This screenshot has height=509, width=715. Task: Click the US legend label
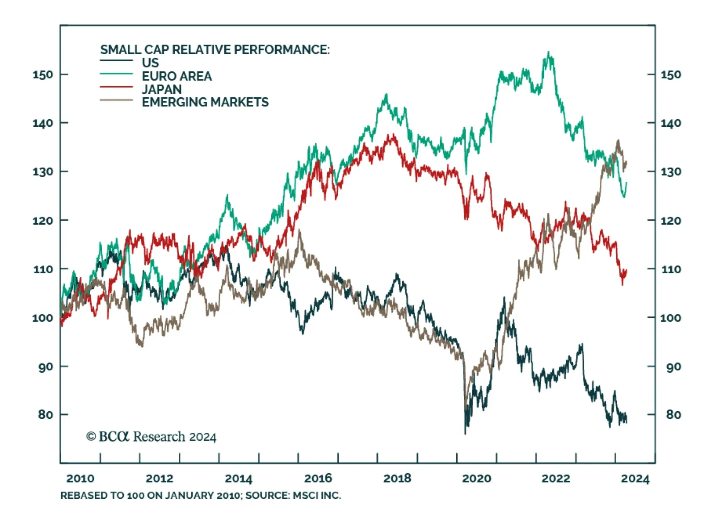150,63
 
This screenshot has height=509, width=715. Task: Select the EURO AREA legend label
177,76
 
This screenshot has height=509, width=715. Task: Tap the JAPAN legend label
162,89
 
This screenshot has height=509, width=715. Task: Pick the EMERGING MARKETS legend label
205,102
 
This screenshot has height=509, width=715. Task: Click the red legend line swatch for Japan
116,87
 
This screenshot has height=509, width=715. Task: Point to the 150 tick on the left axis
64,74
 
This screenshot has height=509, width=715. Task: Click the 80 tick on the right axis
652,415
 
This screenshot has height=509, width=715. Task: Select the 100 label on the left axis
42,318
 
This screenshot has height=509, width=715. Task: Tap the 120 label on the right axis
671,221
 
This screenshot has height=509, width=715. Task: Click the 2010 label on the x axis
80,479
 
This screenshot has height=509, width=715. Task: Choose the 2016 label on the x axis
318,479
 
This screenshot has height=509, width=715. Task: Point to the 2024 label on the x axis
635,479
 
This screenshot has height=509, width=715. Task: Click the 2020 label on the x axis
476,479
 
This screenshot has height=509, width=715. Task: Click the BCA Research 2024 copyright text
151,437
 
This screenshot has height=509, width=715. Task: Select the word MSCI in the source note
306,496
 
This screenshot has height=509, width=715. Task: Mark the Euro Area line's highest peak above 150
549,53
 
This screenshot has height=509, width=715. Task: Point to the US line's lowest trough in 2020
465,432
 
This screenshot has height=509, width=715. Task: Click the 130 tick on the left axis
64,171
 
